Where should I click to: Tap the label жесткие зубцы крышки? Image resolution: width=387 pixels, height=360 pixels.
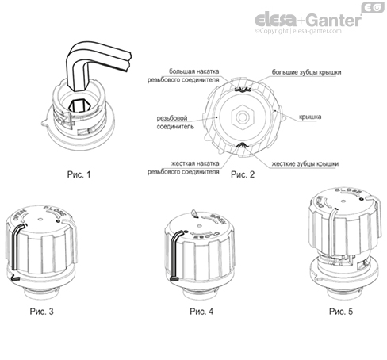(306, 163)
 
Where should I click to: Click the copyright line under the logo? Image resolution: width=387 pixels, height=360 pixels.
(317, 32)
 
